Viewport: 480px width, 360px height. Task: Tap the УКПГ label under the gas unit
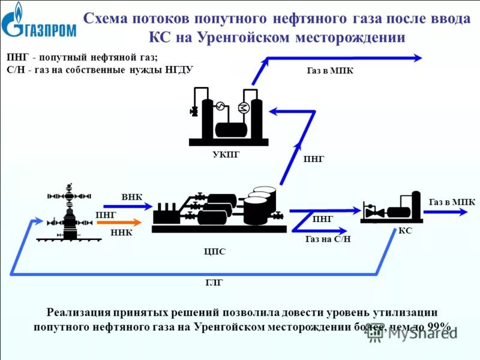tap(226, 155)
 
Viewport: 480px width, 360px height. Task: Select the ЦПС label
tap(214, 251)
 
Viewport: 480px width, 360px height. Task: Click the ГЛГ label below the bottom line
tap(214, 283)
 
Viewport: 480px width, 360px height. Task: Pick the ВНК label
tap(132, 197)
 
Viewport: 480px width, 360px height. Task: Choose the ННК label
tap(122, 233)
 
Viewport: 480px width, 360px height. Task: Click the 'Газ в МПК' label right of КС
tap(452, 202)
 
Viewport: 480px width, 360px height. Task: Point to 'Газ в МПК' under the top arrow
tap(329, 70)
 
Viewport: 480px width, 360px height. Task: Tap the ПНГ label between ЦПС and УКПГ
tap(314, 159)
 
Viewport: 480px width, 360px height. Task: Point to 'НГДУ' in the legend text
tap(178, 69)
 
